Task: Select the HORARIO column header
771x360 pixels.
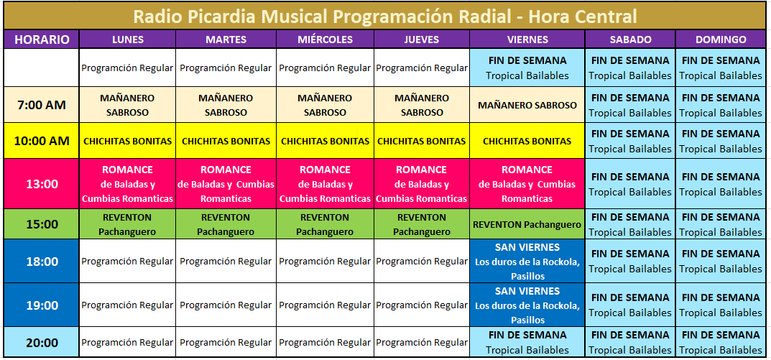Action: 42,40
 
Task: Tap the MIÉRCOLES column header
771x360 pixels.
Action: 325,40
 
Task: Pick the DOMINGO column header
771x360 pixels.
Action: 721,40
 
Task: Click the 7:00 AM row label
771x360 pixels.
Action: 42,105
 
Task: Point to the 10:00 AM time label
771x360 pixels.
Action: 42,141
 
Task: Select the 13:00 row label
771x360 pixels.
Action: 42,185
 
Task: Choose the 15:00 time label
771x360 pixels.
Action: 42,224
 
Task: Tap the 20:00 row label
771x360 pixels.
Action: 42,342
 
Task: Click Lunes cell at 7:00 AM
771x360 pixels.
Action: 127,105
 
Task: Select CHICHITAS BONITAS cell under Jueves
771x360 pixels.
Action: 421,141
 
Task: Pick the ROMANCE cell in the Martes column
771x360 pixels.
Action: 226,185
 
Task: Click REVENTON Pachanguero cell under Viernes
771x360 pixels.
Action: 527,224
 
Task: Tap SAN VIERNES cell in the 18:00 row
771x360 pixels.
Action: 527,261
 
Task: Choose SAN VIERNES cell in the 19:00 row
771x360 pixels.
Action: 527,305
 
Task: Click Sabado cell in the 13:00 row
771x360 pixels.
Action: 630,185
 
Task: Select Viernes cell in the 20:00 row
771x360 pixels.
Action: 527,342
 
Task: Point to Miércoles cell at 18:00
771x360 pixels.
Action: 325,261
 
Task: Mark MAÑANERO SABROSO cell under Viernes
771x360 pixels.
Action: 527,105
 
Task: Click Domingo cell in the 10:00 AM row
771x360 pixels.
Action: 721,141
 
